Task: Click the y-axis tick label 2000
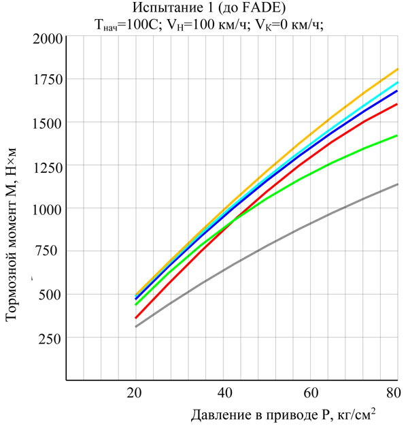tap(44, 37)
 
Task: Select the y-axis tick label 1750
tap(44, 80)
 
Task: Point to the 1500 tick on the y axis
tap(44, 122)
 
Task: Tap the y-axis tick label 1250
tap(44, 165)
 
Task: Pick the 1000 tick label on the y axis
tap(44, 209)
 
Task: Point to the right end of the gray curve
tap(397, 184)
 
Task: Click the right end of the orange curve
tap(397, 69)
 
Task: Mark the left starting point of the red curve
tap(135, 318)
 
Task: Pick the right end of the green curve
tap(397, 135)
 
